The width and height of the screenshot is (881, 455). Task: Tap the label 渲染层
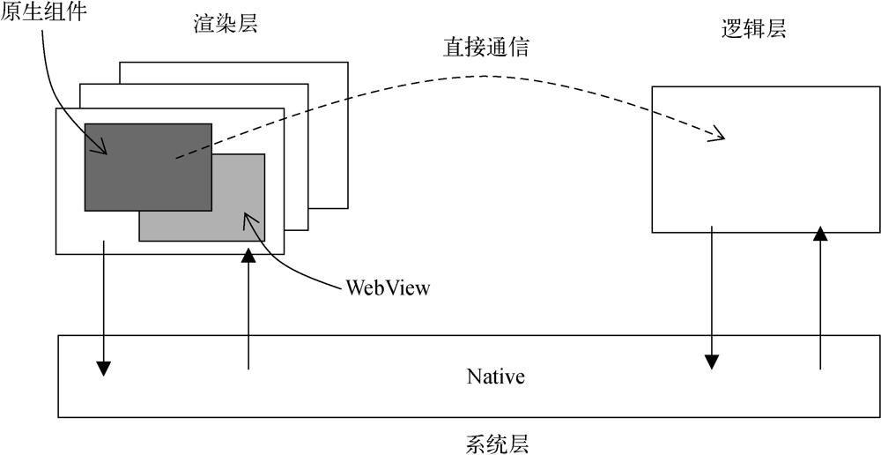coord(225,25)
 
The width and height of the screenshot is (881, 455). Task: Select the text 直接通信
coord(485,47)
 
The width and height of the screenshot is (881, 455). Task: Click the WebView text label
coord(388,287)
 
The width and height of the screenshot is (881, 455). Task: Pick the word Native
coord(496,377)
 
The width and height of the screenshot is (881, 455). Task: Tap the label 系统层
coord(496,442)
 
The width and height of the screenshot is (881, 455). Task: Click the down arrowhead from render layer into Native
coord(104,369)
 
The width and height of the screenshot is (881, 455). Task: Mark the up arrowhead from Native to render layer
coord(249,255)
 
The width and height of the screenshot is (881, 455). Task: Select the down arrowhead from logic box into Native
coord(711,362)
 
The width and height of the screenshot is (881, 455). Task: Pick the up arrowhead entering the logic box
coord(820,233)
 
